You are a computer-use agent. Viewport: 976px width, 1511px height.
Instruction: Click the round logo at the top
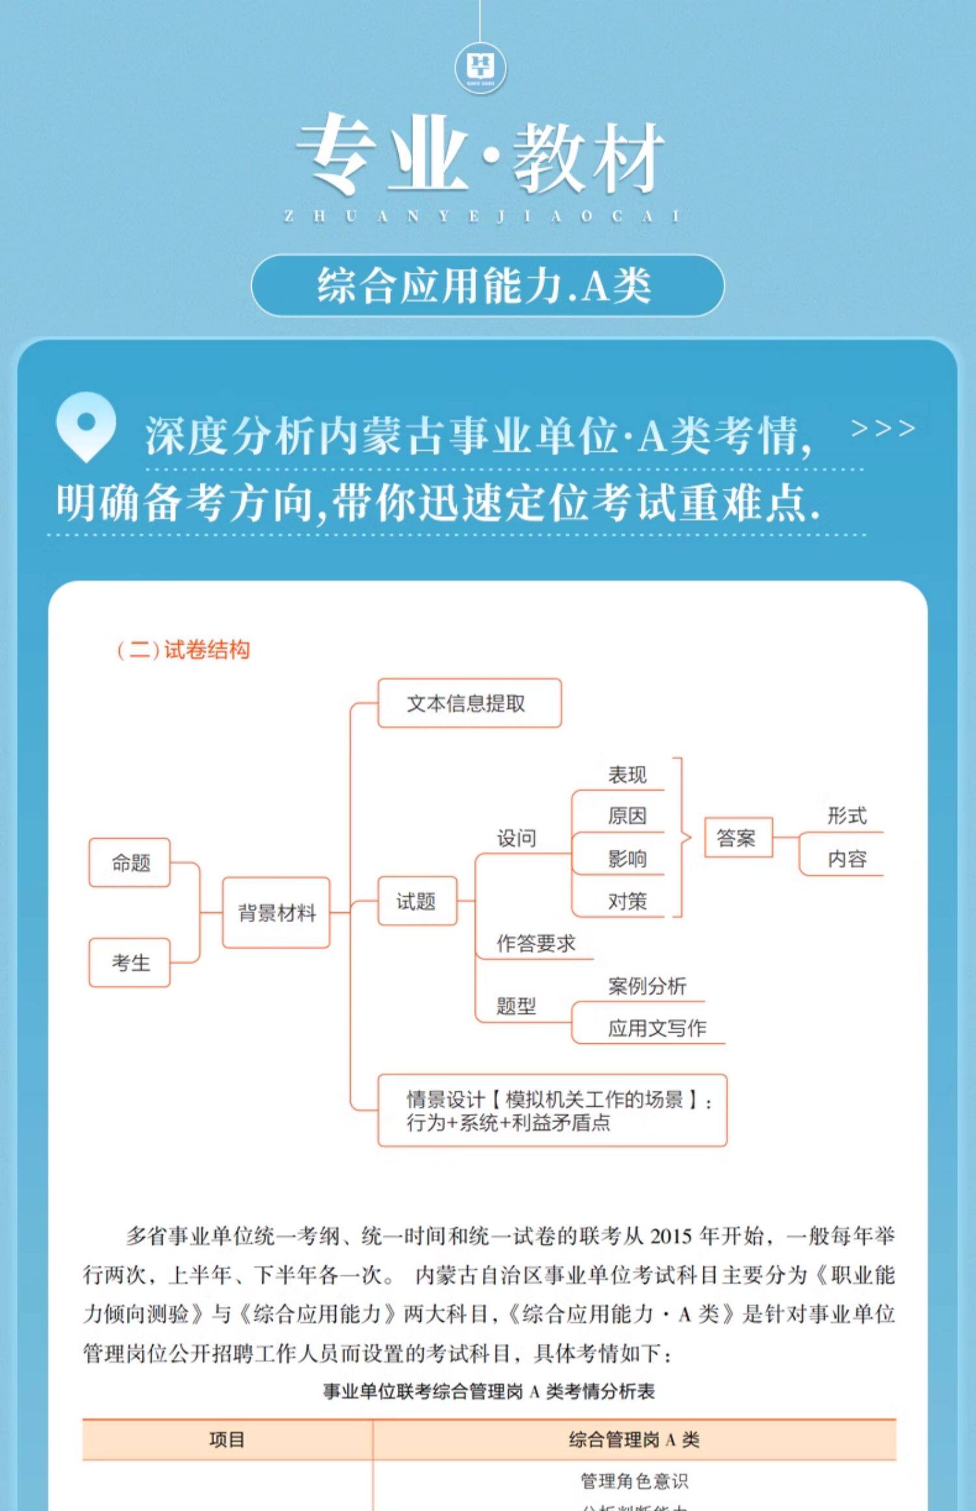pyautogui.click(x=481, y=68)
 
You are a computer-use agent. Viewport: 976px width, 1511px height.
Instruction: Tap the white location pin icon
pyautogui.click(x=86, y=426)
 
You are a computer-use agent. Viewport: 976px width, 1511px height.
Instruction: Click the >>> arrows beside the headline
pyautogui.click(x=882, y=429)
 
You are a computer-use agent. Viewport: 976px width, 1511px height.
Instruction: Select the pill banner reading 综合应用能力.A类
pyautogui.click(x=487, y=286)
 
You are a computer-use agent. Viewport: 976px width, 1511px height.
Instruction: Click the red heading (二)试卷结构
pyautogui.click(x=183, y=650)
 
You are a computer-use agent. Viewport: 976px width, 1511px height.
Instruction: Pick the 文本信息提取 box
pyautogui.click(x=469, y=703)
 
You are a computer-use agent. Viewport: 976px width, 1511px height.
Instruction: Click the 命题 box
pyautogui.click(x=130, y=863)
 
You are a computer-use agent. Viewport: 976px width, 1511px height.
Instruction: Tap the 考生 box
pyautogui.click(x=130, y=962)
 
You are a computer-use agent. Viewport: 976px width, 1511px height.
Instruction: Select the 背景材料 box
pyautogui.click(x=277, y=912)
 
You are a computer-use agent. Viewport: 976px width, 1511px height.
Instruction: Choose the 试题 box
pyautogui.click(x=417, y=901)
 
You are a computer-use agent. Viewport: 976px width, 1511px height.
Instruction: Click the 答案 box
pyautogui.click(x=738, y=837)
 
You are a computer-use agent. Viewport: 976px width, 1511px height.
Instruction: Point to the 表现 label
pyautogui.click(x=627, y=775)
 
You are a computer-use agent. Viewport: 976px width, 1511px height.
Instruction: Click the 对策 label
pyautogui.click(x=627, y=901)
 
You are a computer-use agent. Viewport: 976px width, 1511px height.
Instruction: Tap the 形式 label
pyautogui.click(x=847, y=815)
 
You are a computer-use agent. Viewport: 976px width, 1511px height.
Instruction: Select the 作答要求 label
pyautogui.click(x=535, y=943)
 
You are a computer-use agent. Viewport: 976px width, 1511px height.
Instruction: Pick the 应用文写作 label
pyautogui.click(x=657, y=1028)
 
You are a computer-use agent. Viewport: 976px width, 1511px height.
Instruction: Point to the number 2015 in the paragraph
pyautogui.click(x=671, y=1236)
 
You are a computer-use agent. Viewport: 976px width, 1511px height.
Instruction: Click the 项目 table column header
pyautogui.click(x=227, y=1439)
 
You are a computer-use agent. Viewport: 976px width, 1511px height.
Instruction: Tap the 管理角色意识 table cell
pyautogui.click(x=634, y=1482)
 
